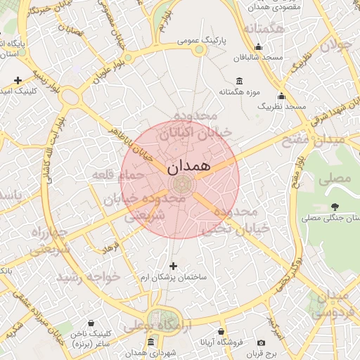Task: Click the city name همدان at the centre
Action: (x=189, y=167)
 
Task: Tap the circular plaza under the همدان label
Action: (x=181, y=185)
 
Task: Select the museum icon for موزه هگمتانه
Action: (x=240, y=80)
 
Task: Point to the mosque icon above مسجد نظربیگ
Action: (x=281, y=96)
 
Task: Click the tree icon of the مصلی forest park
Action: (x=333, y=206)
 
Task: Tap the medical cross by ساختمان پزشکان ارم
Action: (x=173, y=266)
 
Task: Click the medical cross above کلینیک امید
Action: (x=17, y=79)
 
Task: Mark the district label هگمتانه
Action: (x=264, y=28)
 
